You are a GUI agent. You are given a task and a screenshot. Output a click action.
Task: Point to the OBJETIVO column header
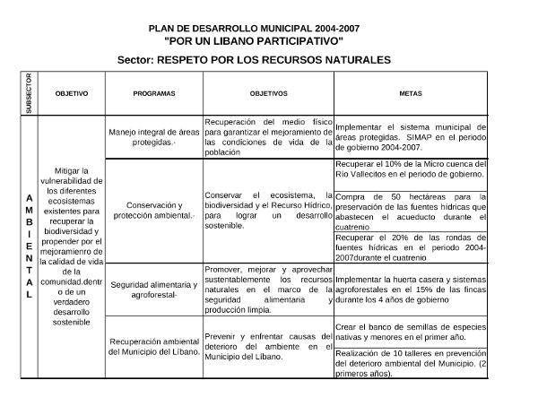pos(71,93)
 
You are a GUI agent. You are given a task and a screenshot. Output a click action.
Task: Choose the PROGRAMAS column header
pos(153,93)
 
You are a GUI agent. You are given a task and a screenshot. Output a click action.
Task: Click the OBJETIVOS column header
pos(268,93)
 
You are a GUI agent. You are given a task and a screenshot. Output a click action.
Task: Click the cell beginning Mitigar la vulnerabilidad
pos(71,246)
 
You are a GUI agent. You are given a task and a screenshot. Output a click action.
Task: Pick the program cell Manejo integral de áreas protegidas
pos(153,136)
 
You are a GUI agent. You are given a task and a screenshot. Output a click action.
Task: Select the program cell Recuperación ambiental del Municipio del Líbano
pos(153,346)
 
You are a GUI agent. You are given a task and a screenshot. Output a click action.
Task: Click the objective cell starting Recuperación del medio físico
pos(268,136)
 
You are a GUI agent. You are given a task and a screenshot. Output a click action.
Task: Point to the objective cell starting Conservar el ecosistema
pos(268,210)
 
